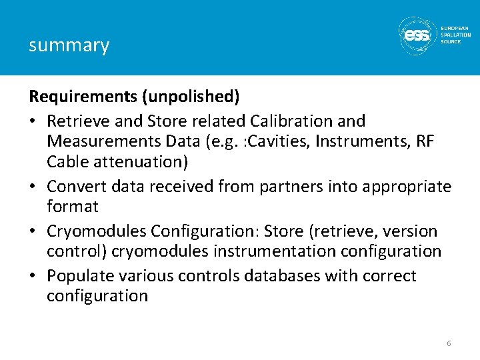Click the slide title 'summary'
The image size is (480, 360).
[x=69, y=45]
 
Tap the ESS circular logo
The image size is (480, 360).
[x=417, y=34]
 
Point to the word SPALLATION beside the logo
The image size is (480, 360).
[x=456, y=35]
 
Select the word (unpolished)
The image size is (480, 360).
[x=190, y=97]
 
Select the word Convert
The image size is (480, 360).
[x=75, y=186]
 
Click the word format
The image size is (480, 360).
[x=72, y=206]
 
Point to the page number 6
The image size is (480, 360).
[x=449, y=343]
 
